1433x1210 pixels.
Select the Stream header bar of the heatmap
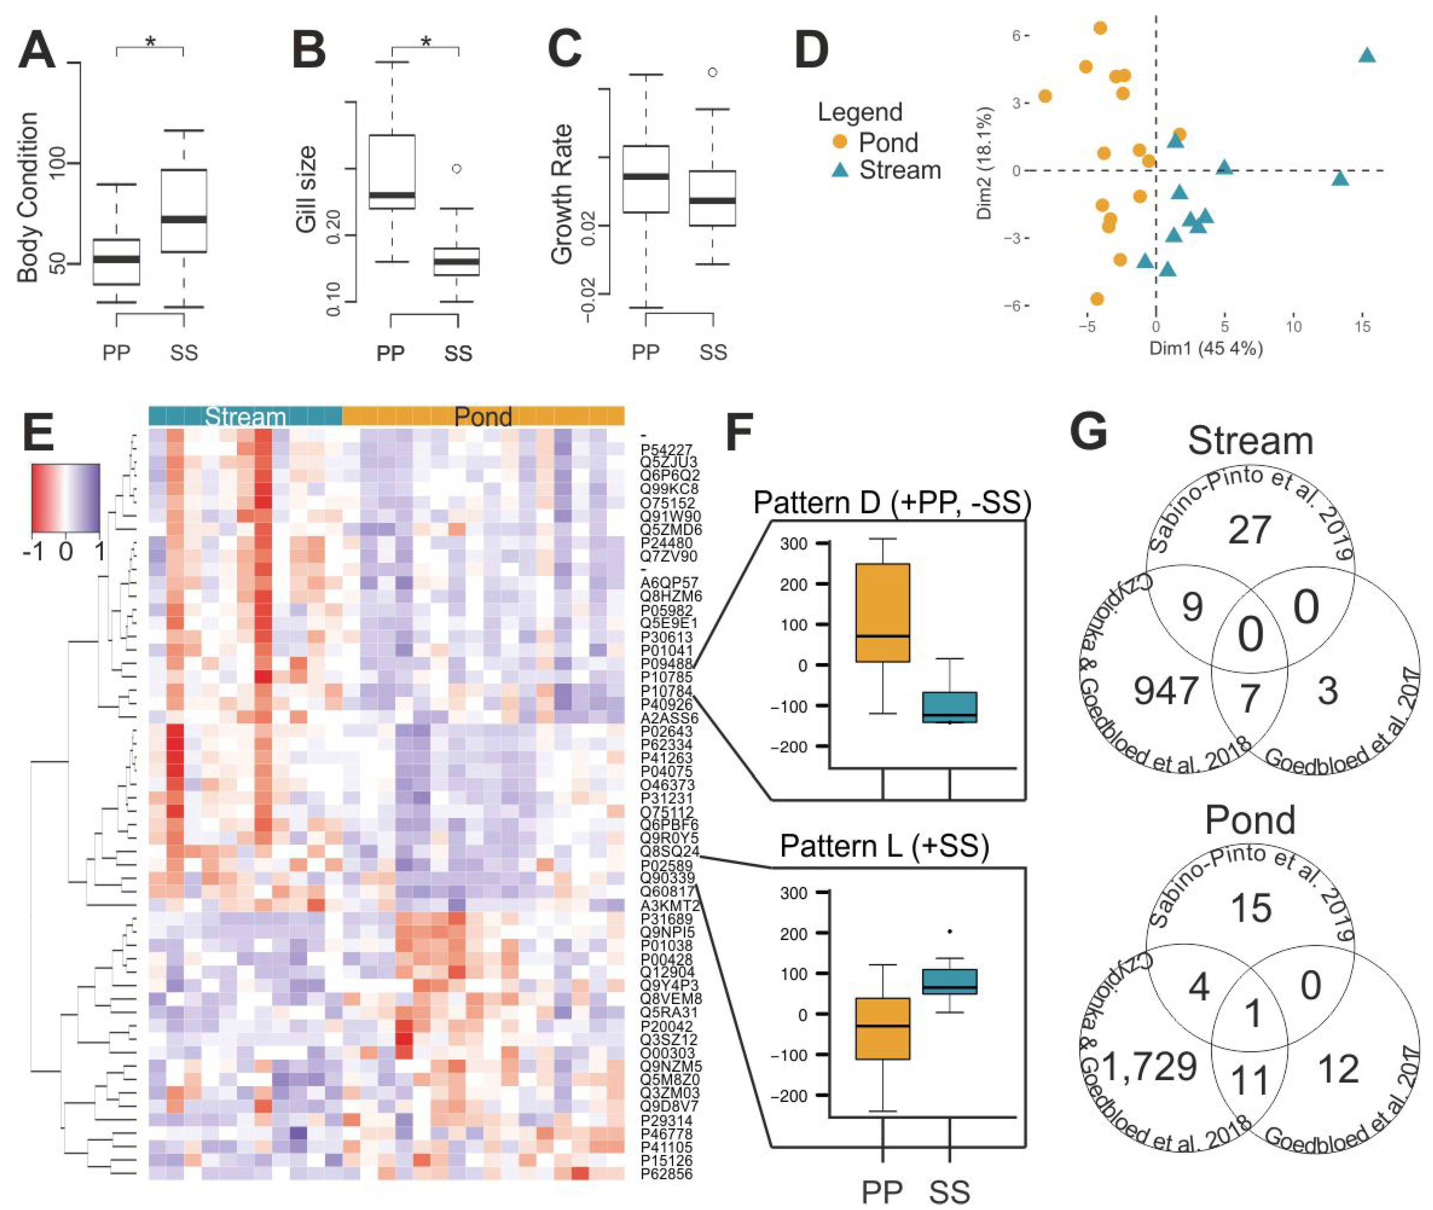click(x=245, y=416)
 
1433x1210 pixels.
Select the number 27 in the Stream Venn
click(x=1249, y=529)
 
